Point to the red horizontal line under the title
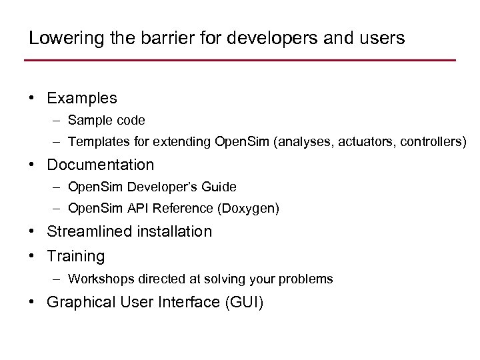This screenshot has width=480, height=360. point(240,61)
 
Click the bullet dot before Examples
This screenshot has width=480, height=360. point(32,98)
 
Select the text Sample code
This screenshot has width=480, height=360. point(107,121)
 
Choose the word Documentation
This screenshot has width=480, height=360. point(101,165)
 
